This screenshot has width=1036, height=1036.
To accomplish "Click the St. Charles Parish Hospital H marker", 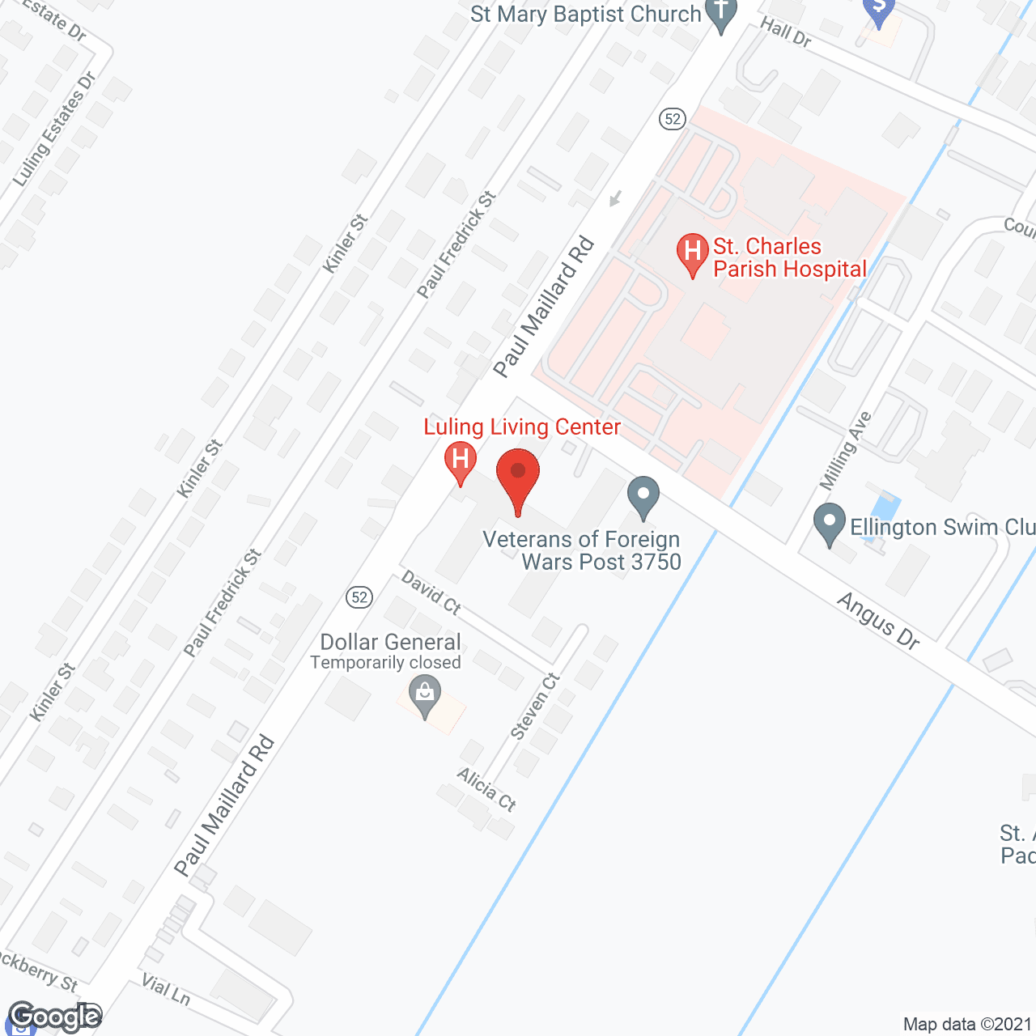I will pyautogui.click(x=692, y=251).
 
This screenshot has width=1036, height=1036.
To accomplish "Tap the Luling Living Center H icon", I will pyautogui.click(x=460, y=461).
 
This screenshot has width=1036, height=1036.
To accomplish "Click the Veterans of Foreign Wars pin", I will pyautogui.click(x=643, y=495).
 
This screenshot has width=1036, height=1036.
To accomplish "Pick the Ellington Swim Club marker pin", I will pyautogui.click(x=828, y=521).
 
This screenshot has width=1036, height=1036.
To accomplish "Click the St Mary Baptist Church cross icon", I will pyautogui.click(x=720, y=13).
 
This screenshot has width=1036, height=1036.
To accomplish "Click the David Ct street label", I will pyautogui.click(x=431, y=592).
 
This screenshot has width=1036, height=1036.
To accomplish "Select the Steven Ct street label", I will pyautogui.click(x=536, y=706).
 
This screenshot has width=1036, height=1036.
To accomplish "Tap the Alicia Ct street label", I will pyautogui.click(x=486, y=789).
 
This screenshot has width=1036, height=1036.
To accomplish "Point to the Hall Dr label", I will pyautogui.click(x=785, y=32).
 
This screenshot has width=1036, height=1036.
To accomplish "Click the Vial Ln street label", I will pyautogui.click(x=166, y=989).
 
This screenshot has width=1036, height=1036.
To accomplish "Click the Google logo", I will pyautogui.click(x=55, y=1017).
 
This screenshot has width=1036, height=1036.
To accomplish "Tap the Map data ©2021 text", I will pyautogui.click(x=967, y=1025).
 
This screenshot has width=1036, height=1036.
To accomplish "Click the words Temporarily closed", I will pyautogui.click(x=385, y=663).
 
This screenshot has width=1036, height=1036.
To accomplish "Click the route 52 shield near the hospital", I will pyautogui.click(x=672, y=119).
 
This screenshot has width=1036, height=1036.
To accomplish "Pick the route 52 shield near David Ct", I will pyautogui.click(x=359, y=597).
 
